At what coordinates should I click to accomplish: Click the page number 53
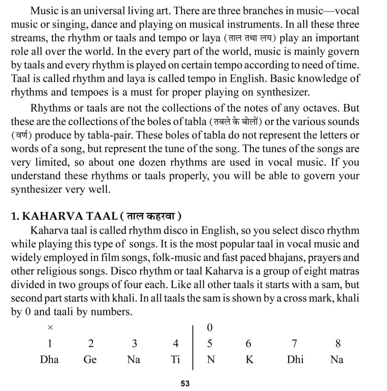[185, 383]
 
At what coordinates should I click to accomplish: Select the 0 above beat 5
[209, 327]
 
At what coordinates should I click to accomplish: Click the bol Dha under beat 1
[49, 360]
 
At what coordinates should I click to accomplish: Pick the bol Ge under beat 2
[90, 360]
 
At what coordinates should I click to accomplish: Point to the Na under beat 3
[134, 360]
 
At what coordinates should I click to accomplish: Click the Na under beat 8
[337, 360]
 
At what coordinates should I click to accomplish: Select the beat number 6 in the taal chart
[249, 344]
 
